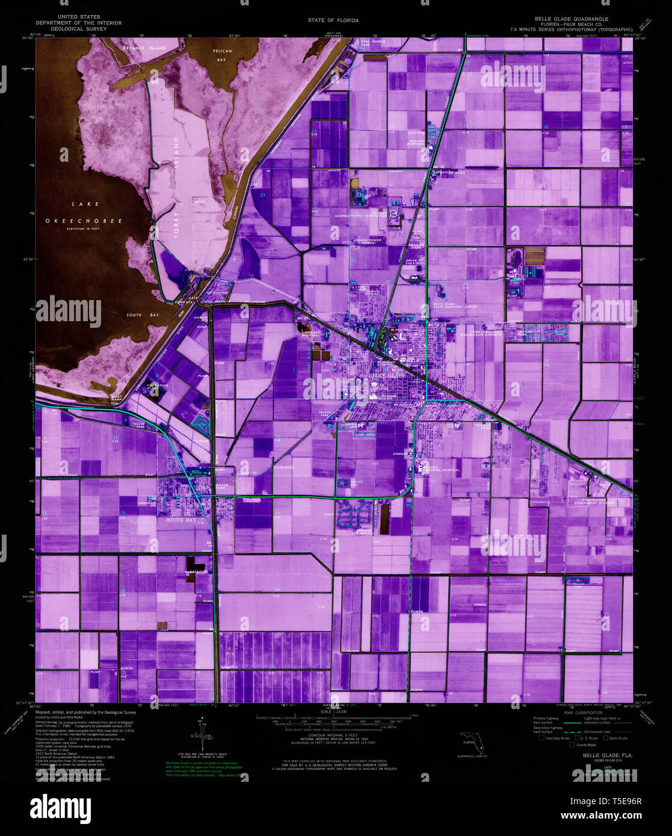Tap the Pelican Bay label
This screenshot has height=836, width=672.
[x=223, y=56]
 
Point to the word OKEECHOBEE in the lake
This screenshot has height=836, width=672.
[x=84, y=221]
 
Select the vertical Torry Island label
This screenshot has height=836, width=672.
[x=177, y=188]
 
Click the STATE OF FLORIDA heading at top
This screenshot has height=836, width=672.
[x=333, y=20]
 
